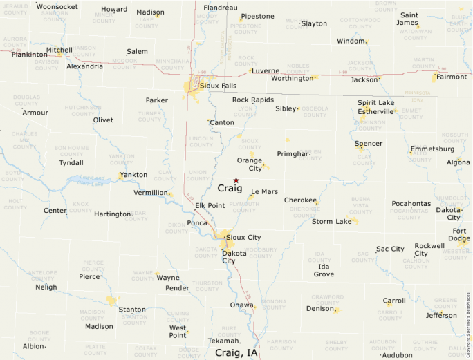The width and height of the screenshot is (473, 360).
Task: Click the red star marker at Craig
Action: pyautogui.click(x=236, y=180)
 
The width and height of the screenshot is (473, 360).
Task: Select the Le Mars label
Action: pyautogui.click(x=264, y=191)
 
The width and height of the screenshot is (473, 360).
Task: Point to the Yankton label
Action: pyautogui.click(x=133, y=175)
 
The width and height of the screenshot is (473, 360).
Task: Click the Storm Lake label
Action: pyautogui.click(x=332, y=222)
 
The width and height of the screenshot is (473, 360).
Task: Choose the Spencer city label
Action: pyautogui.click(x=368, y=144)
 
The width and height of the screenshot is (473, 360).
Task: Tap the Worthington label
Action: pyautogui.click(x=293, y=78)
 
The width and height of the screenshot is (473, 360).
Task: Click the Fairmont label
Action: pyautogui.click(x=452, y=77)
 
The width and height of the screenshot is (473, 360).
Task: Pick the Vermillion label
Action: pyautogui.click(x=151, y=193)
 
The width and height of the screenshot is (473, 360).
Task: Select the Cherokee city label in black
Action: pyautogui.click(x=301, y=200)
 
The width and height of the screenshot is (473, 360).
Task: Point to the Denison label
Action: pyautogui.click(x=320, y=309)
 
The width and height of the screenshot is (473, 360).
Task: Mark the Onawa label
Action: pyautogui.click(x=241, y=305)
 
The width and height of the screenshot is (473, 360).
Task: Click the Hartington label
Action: pyautogui.click(x=113, y=214)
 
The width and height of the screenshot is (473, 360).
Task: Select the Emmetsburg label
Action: pyautogui.click(x=432, y=149)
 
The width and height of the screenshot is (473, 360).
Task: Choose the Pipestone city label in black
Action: pyautogui.click(x=257, y=16)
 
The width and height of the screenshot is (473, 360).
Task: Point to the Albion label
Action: pyautogui.click(x=33, y=346)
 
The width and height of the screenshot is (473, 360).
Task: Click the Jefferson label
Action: pyautogui.click(x=441, y=315)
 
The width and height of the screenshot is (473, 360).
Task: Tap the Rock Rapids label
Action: pyautogui.click(x=253, y=100)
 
